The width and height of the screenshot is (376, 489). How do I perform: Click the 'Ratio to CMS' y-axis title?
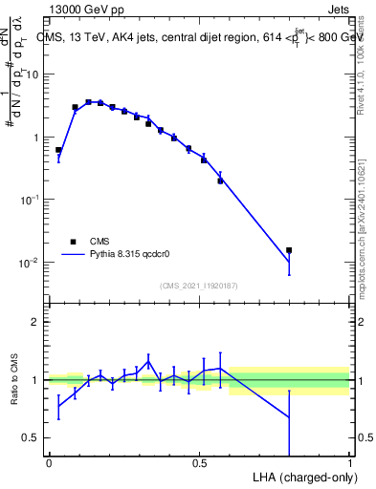pos(14,380)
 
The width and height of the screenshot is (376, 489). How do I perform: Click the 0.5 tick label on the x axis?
pos(199,463)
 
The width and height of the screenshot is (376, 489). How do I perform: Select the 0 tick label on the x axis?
pos(49,463)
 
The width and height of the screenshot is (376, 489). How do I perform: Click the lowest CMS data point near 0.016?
pos(289,250)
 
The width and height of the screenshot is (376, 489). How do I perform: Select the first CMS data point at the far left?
pos(58,150)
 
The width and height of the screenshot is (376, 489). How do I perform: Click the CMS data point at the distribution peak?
pos(88,102)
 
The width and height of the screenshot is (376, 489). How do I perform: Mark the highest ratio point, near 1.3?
pos(148,361)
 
